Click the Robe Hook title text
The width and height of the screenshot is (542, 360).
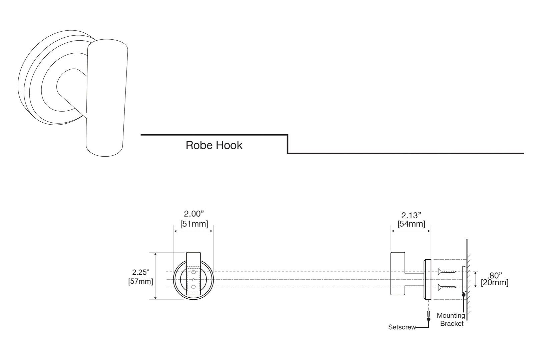click(214, 145)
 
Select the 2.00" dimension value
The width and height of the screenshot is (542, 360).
click(194, 214)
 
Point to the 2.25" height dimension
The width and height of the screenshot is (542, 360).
click(140, 272)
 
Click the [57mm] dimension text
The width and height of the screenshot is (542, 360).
click(140, 281)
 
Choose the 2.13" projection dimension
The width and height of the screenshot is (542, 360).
click(411, 215)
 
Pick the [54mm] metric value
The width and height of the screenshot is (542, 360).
click(411, 224)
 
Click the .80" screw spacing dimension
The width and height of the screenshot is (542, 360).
click(495, 275)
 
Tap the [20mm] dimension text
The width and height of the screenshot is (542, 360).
click(495, 283)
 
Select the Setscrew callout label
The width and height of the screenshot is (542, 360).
click(402, 327)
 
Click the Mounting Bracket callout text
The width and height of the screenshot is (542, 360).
click(451, 319)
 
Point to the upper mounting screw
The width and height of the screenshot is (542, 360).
click(447, 272)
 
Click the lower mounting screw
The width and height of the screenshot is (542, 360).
click(447, 286)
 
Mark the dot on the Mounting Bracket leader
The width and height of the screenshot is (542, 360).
click(464, 295)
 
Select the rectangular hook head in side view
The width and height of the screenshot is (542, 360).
click(398, 273)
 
